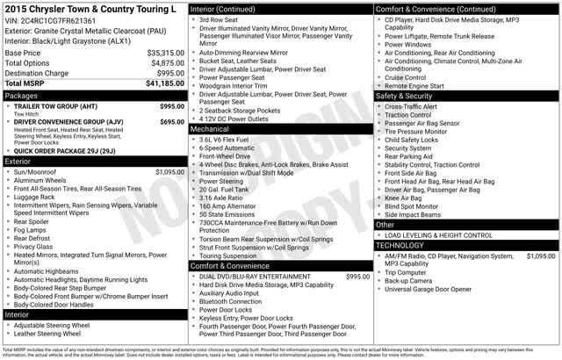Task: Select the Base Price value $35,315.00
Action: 165,53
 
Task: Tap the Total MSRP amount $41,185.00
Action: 165,83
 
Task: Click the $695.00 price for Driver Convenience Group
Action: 171,122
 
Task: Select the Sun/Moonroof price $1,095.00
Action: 171,173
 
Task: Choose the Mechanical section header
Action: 211,129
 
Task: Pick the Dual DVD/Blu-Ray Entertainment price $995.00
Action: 357,277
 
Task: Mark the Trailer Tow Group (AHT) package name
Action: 55,105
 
